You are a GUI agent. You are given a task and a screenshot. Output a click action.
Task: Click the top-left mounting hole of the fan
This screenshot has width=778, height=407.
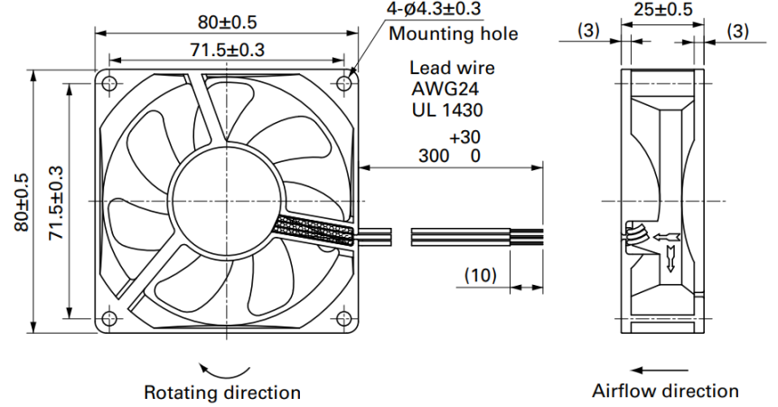tap(109, 83)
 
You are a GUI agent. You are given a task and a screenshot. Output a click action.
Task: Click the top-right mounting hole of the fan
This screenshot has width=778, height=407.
tap(344, 83)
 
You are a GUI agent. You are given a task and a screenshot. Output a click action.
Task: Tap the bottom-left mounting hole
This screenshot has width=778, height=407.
tap(109, 318)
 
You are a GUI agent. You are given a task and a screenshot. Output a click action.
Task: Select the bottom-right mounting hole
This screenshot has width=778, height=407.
tap(344, 318)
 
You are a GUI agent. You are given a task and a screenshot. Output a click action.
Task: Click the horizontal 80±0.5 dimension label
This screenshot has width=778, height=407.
tap(227, 23)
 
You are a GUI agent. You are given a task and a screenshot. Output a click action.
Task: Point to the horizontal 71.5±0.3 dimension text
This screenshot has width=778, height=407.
tap(227, 50)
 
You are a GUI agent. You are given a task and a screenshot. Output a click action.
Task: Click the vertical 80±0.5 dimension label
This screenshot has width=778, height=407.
tap(22, 202)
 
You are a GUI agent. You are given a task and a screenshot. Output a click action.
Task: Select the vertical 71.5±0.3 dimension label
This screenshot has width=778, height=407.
tap(56, 202)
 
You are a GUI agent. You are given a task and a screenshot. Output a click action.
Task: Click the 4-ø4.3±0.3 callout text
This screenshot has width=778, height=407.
tap(434, 8)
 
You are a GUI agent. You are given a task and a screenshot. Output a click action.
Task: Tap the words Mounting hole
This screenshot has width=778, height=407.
tap(453, 33)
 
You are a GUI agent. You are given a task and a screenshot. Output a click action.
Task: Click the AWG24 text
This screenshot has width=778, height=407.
tap(445, 89)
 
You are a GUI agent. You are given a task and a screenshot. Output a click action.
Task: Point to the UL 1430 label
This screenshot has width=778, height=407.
tap(447, 109)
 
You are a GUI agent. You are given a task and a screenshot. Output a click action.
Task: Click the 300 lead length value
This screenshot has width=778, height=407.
tap(434, 156)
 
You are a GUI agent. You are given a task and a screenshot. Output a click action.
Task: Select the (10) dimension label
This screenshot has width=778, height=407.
tap(481, 275)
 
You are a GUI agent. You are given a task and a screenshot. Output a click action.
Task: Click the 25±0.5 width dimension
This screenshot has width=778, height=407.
tap(662, 9)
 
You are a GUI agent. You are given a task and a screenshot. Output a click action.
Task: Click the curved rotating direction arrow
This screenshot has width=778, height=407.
tap(224, 374)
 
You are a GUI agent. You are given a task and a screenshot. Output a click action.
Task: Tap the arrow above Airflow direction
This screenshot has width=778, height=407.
tap(660, 370)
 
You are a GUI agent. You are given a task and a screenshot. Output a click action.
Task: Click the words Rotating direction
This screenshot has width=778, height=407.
tap(222, 393)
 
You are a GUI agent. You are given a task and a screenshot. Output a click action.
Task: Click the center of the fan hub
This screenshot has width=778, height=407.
tap(227, 201)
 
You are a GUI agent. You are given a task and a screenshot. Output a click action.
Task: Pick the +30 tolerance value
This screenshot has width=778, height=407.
tap(465, 137)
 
